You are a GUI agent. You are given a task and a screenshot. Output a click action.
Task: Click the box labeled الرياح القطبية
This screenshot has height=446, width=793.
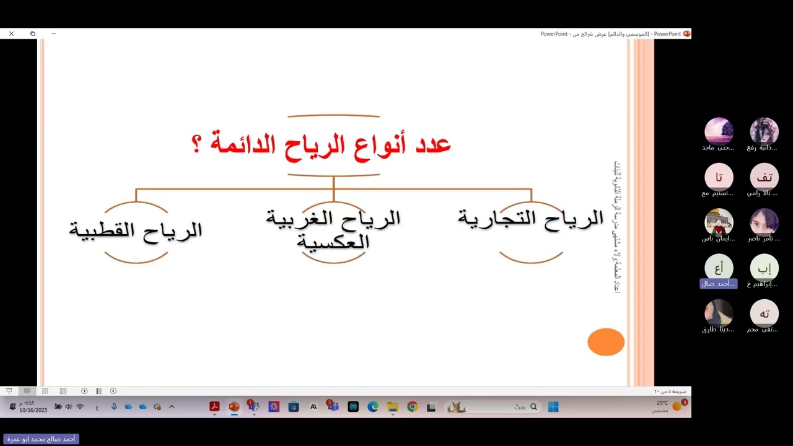click(x=136, y=230)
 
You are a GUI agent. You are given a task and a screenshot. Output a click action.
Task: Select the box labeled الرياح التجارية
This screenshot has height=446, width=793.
click(x=531, y=218)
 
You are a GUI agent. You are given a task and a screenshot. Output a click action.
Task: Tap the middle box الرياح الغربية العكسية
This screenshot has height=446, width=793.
click(x=333, y=229)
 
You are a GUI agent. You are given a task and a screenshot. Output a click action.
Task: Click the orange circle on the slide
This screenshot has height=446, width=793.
click(x=606, y=342)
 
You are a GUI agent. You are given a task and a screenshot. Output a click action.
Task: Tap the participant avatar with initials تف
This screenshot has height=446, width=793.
click(x=764, y=177)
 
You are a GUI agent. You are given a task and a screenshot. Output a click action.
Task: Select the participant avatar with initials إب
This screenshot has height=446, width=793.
click(x=764, y=268)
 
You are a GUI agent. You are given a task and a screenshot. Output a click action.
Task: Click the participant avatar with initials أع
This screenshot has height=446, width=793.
click(x=719, y=268)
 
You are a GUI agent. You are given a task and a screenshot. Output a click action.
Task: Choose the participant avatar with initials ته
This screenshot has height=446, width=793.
click(x=764, y=313)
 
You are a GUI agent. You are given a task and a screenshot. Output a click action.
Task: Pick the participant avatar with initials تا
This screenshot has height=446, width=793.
click(x=719, y=177)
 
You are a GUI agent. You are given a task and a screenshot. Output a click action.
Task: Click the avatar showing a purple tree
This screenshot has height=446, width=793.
click(x=719, y=131)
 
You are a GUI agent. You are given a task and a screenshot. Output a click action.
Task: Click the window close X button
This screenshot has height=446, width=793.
click(x=11, y=33)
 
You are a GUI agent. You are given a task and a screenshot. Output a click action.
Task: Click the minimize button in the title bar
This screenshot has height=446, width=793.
click(x=53, y=33)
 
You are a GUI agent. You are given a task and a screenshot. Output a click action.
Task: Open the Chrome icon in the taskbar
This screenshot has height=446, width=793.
click(x=412, y=407)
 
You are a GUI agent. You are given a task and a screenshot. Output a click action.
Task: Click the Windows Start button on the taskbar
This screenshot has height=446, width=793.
click(x=553, y=407)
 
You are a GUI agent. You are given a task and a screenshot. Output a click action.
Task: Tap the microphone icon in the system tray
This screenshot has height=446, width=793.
click(x=114, y=407)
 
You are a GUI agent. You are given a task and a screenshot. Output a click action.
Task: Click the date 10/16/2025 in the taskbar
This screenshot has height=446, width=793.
click(x=33, y=410)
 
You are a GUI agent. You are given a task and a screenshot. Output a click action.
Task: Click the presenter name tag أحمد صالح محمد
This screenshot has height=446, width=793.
click(x=41, y=439)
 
